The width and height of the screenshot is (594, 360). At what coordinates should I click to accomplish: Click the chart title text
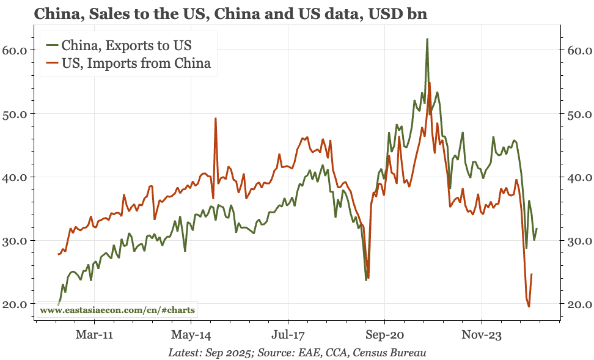pyautogui.click(x=230, y=14)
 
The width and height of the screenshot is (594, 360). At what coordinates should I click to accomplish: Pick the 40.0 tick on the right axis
pyautogui.click(x=578, y=177)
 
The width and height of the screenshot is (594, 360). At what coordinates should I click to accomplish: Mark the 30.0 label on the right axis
pyautogui.click(x=578, y=241)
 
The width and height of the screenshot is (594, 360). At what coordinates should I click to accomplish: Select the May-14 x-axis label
pyautogui.click(x=191, y=334)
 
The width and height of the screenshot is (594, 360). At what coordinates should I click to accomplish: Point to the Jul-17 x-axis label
pyautogui.click(x=287, y=334)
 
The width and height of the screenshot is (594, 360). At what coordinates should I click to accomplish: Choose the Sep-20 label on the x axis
pyautogui.click(x=384, y=334)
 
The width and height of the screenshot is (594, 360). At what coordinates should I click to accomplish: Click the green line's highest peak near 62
pyautogui.click(x=427, y=39)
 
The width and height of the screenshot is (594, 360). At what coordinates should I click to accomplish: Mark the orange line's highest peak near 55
pyautogui.click(x=430, y=83)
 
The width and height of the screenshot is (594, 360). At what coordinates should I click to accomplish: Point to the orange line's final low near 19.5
pyautogui.click(x=529, y=306)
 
